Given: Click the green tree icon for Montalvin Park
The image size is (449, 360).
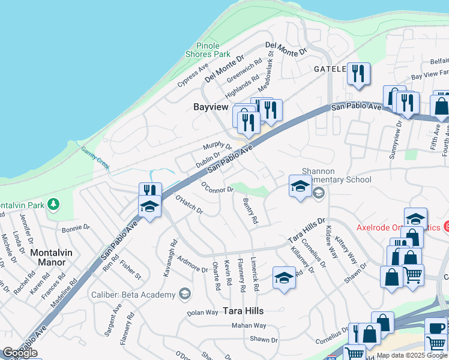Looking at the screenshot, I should (x=54, y=205).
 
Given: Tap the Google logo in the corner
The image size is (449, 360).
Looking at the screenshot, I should (x=20, y=353).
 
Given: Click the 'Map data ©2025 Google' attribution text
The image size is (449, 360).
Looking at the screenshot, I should (x=412, y=355).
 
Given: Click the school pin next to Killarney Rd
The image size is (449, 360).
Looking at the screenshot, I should (x=285, y=277).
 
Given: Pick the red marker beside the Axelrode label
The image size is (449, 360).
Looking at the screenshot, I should (x=446, y=227).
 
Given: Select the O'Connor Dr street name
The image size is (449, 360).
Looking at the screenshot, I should (x=217, y=187).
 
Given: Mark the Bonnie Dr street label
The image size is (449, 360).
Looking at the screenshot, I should (x=76, y=228).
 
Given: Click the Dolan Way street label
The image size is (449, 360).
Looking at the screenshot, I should (x=202, y=313).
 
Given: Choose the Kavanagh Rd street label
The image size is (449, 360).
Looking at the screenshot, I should (x=170, y=259).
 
